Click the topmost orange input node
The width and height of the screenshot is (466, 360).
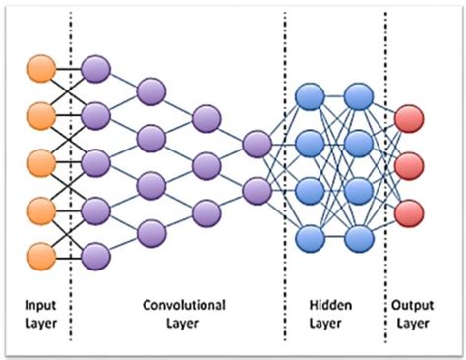point(40,70)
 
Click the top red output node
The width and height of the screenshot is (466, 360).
point(408,120)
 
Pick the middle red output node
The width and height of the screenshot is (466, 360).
point(408,165)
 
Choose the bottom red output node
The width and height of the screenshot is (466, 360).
point(408,210)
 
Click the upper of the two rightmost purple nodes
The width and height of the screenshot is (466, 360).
point(256,143)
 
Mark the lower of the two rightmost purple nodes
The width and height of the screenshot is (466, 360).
point(256,188)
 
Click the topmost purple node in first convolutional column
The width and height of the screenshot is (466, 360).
point(96,70)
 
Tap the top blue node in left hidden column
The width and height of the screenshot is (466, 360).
point(311,95)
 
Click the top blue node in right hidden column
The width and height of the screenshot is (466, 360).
point(358,95)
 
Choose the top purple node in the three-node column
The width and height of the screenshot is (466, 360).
point(205,119)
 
